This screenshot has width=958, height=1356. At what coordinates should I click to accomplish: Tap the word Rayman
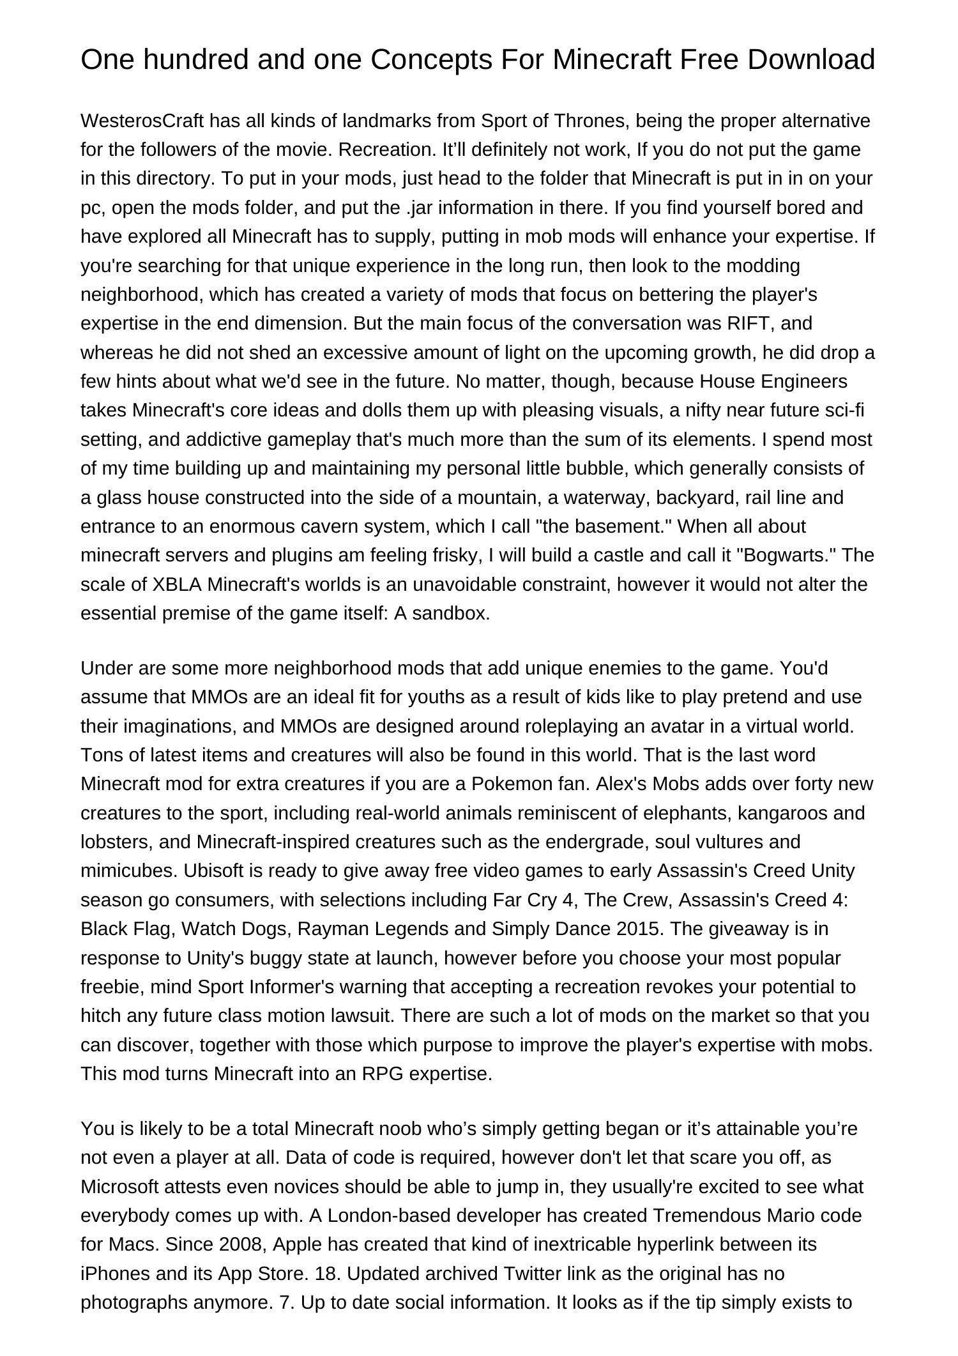330,929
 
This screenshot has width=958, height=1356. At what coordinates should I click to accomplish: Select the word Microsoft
119,1187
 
